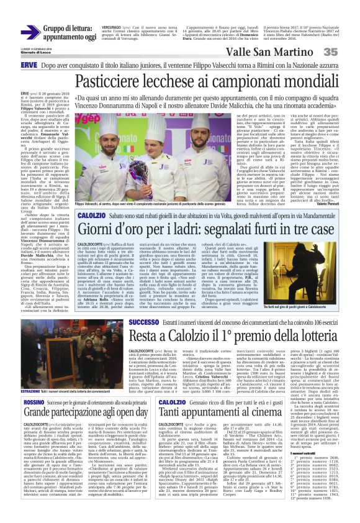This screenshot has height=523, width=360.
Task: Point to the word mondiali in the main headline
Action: click(298, 81)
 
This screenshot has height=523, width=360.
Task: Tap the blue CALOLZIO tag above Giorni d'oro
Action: click(91, 196)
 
